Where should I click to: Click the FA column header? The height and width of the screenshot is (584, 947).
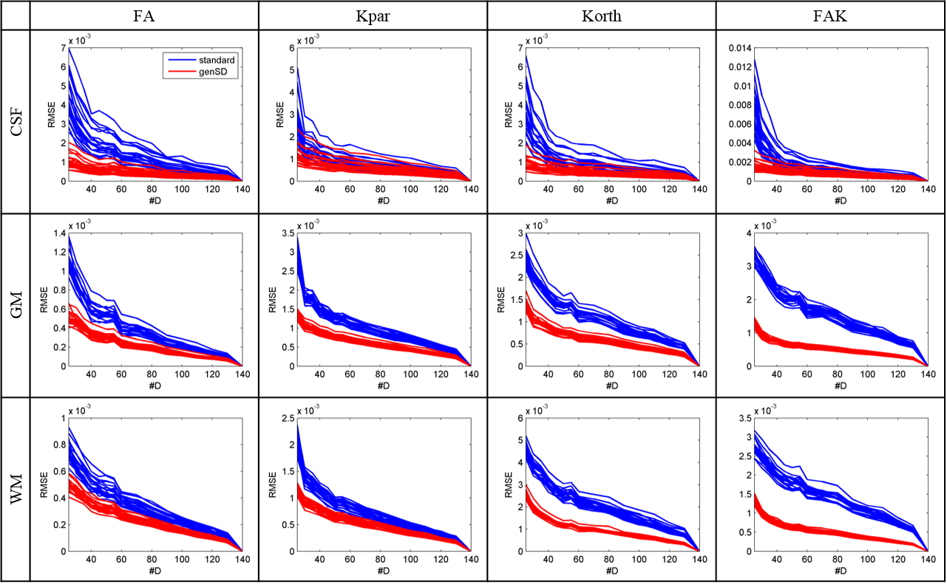pyautogui.click(x=144, y=15)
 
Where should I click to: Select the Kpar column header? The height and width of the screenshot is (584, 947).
pyautogui.click(x=373, y=15)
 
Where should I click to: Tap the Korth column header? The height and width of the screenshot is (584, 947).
pyautogui.click(x=601, y=15)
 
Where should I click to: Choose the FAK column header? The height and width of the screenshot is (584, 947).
pyautogui.click(x=831, y=15)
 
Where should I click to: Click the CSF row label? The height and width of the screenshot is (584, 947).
pyautogui.click(x=16, y=122)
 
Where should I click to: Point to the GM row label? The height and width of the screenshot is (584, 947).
pyautogui.click(x=16, y=306)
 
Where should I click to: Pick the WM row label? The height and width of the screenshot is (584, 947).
pyautogui.click(x=16, y=490)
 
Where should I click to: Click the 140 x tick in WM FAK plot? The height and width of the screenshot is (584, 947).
pyautogui.click(x=927, y=560)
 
